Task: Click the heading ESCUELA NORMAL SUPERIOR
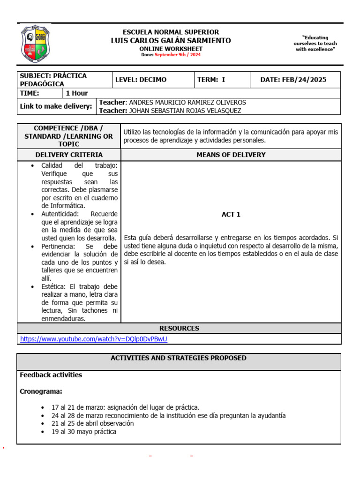[x=171, y=32]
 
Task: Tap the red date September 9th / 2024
[x=177, y=55]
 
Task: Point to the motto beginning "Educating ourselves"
[x=315, y=44]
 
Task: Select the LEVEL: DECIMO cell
[x=141, y=80]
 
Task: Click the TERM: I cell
[x=211, y=80]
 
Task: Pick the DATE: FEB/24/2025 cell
[x=293, y=80]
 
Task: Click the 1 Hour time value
[x=77, y=93]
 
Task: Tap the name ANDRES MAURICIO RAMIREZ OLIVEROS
[x=187, y=102]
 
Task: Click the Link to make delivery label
[x=56, y=106]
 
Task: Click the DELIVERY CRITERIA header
[x=69, y=155]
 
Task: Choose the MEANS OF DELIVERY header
[x=231, y=155]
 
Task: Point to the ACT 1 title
[x=231, y=214]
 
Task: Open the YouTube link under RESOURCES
[x=93, y=339]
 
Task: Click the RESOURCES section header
[x=179, y=328]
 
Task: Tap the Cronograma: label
[x=41, y=391]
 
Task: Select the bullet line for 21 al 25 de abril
[x=93, y=423]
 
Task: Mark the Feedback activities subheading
[x=51, y=375]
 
